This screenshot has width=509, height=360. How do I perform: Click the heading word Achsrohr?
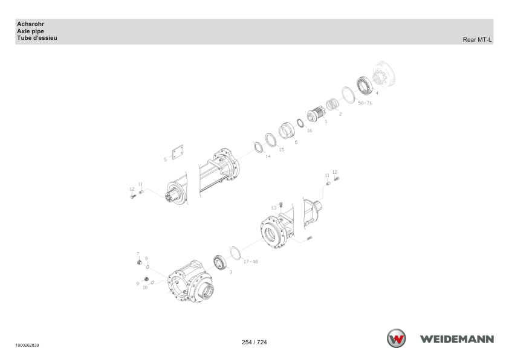[30, 24]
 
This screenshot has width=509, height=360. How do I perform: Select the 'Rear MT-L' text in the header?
[477, 40]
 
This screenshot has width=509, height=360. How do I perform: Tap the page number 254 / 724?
[254, 342]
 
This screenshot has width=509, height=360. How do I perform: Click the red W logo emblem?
[396, 338]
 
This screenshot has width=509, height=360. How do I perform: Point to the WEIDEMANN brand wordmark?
[457, 339]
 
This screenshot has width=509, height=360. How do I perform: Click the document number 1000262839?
[27, 346]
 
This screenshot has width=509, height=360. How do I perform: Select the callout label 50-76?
[365, 103]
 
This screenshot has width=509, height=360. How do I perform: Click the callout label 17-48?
[251, 262]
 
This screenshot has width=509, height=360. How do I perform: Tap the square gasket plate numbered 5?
[178, 152]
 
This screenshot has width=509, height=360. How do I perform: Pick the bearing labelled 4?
[365, 85]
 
